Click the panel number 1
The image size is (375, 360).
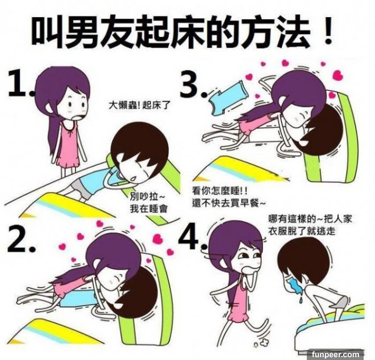[20, 84]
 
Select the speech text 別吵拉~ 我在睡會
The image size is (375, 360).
[149, 203]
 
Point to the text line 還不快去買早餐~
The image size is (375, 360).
[228, 203]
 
